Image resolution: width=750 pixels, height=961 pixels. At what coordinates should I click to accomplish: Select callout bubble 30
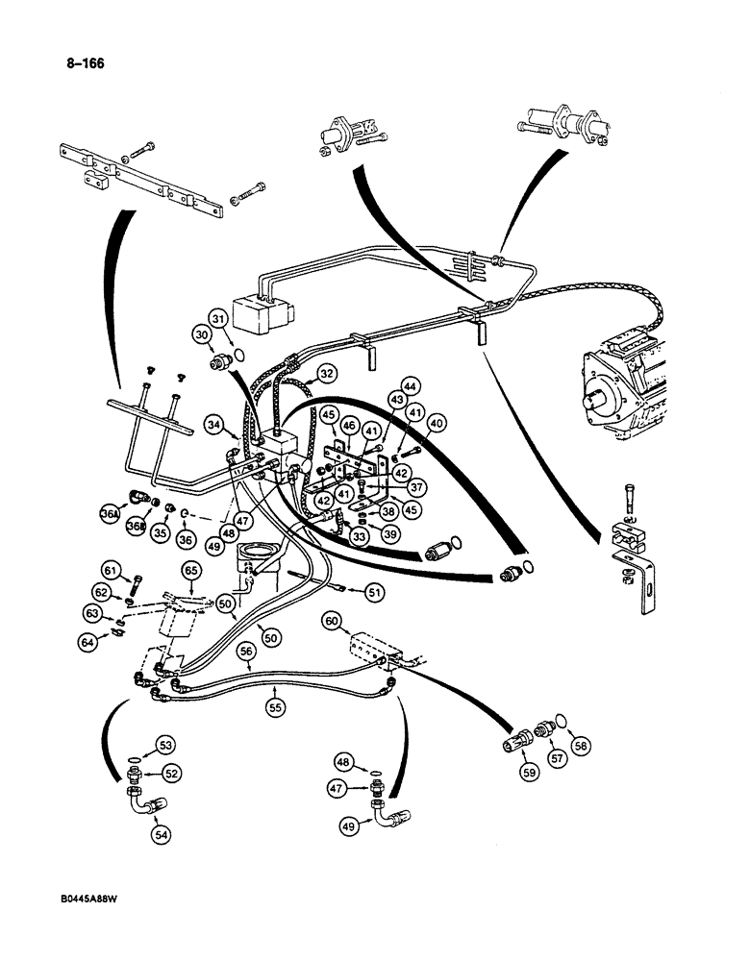(x=201, y=333)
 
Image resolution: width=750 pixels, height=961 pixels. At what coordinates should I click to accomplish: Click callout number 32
(x=327, y=374)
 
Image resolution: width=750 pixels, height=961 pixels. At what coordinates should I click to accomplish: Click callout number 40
(x=437, y=422)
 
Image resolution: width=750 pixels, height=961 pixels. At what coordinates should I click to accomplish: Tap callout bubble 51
(x=373, y=593)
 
